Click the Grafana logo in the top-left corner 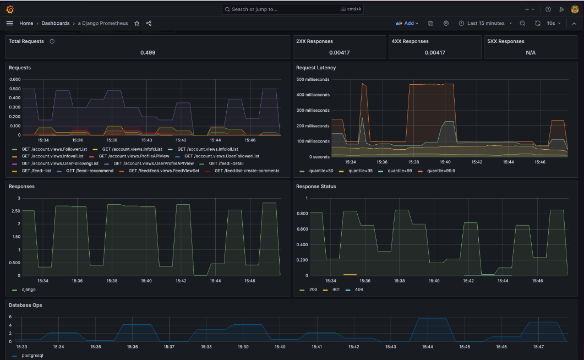(10, 9)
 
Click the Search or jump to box (292, 9)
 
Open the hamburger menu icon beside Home (9, 23)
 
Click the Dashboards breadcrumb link (56, 23)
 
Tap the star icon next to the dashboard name (137, 23)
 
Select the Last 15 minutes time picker (485, 23)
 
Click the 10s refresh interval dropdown (553, 23)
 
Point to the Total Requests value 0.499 (148, 52)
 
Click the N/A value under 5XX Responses (531, 52)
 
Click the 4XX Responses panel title (410, 41)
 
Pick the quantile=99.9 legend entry (441, 171)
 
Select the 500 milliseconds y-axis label (313, 79)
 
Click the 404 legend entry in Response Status (358, 289)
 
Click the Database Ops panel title (25, 305)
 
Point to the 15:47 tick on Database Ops (538, 347)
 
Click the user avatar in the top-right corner (575, 9)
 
